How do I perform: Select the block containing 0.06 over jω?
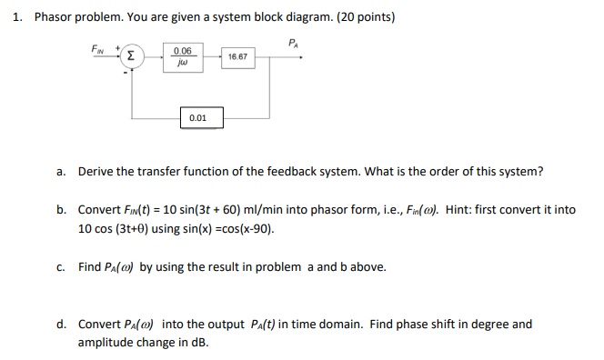click(181, 56)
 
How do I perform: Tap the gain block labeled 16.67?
click(239, 56)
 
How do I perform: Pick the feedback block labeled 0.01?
click(197, 117)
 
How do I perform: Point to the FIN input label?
click(98, 47)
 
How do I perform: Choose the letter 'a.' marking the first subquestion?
click(61, 171)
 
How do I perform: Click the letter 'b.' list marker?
click(61, 209)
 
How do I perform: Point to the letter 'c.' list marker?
click(61, 266)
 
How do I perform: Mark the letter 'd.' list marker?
click(61, 324)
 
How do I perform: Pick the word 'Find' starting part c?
click(90, 266)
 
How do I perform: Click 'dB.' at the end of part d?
click(199, 342)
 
